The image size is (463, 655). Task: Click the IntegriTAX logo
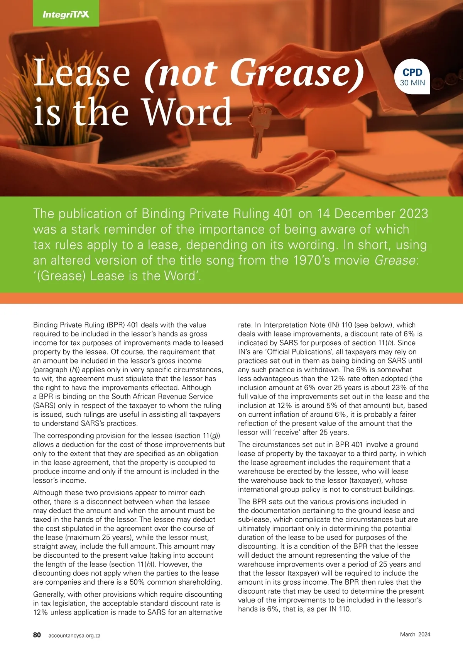coord(66,14)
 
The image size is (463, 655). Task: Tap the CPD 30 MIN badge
coord(412,77)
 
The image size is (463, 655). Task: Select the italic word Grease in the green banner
coord(395,260)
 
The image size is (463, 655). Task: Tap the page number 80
coord(37,635)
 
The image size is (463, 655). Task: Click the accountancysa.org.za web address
coord(74,635)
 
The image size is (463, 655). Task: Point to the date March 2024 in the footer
coord(415,634)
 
